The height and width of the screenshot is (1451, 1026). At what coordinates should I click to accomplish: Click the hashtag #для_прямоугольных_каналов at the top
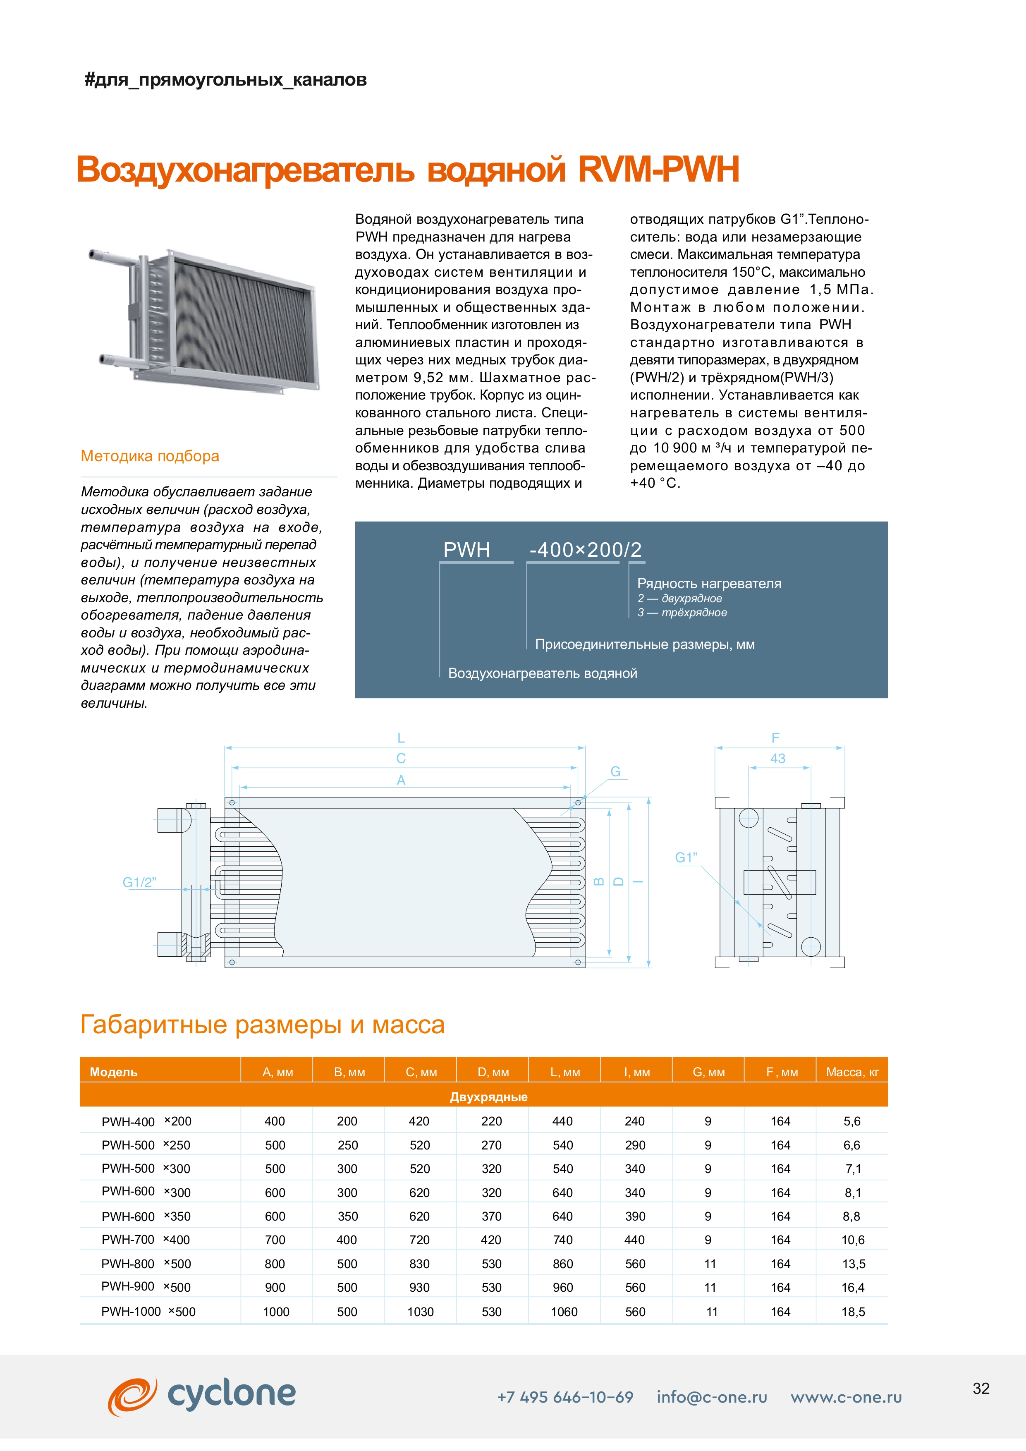pos(225,80)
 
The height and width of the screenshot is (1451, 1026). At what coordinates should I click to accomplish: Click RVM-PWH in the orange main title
pos(658,169)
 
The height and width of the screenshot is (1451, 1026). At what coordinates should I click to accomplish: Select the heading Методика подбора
pos(150,456)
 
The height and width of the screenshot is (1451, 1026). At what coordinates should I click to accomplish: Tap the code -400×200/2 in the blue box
pos(585,550)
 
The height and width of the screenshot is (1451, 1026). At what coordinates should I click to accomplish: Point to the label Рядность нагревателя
pos(709,583)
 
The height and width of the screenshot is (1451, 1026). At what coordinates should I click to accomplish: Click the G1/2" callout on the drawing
pos(139,882)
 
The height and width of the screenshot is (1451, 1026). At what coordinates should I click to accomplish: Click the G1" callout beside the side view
pos(686,857)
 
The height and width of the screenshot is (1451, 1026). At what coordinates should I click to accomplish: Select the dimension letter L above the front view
pos(401,737)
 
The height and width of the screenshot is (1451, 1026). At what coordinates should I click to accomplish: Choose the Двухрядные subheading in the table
pos(488,1097)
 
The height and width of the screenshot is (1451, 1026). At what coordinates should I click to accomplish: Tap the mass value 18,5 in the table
pos(852,1312)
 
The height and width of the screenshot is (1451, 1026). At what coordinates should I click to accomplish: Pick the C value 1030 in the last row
pos(420,1312)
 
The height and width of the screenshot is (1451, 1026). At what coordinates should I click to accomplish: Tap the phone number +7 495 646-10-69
pos(565,1397)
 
